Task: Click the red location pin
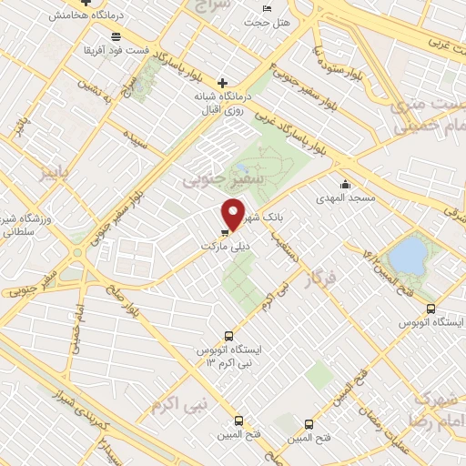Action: pyautogui.click(x=234, y=215)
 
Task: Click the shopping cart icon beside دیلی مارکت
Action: pyautogui.click(x=225, y=233)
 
